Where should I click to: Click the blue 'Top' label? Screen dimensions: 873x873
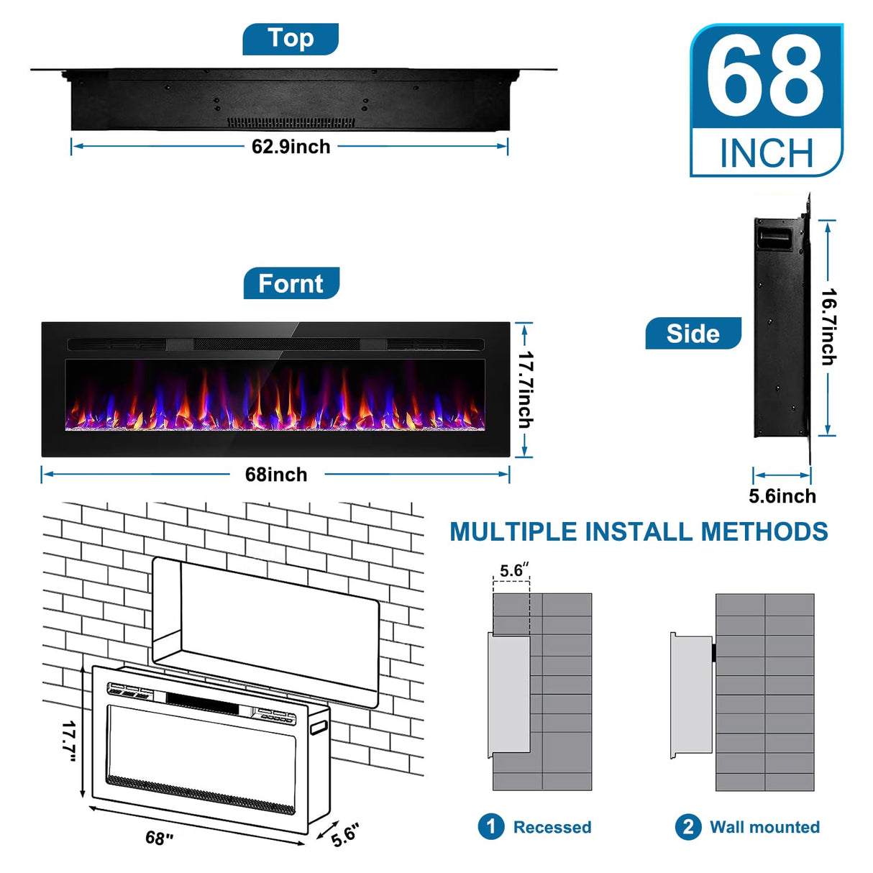[x=291, y=39]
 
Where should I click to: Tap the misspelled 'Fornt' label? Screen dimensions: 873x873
[x=291, y=284]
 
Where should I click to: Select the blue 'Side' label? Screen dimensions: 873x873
[x=693, y=334]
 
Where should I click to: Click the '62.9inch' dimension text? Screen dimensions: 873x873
[x=291, y=147]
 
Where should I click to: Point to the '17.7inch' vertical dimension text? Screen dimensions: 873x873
[x=526, y=390]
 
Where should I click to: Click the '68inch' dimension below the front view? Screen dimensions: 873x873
[x=276, y=475]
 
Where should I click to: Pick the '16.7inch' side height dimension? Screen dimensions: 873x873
[x=829, y=327]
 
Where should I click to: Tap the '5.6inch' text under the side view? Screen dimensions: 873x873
[x=782, y=496]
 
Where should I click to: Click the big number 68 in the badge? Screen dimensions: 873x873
[x=765, y=78]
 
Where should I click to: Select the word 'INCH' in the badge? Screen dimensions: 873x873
[x=767, y=154]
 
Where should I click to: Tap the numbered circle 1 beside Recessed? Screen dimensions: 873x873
[x=490, y=826]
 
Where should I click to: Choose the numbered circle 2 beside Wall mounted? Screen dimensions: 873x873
[x=687, y=826]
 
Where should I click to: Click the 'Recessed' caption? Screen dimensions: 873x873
[x=552, y=827]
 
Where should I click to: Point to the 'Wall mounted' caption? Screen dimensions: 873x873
[x=764, y=827]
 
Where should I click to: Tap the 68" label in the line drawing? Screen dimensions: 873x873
[x=160, y=838]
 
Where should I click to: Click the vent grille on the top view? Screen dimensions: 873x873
[x=291, y=123]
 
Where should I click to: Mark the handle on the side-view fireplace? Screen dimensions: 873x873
[x=774, y=238]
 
